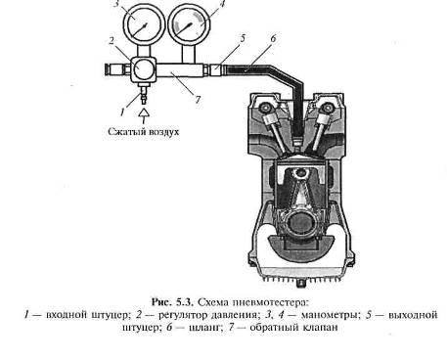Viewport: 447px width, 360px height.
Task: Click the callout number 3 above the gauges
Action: (x=116, y=4)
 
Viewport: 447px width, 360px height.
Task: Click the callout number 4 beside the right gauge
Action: (x=223, y=4)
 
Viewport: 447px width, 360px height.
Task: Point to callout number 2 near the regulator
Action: (x=112, y=41)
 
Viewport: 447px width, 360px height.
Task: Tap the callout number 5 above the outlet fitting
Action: (x=243, y=38)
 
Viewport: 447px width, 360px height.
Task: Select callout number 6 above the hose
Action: (x=273, y=38)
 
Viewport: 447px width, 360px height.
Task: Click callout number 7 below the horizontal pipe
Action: (x=198, y=99)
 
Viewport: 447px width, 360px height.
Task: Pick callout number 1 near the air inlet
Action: (x=122, y=112)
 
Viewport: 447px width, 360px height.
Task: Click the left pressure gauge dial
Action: (x=142, y=25)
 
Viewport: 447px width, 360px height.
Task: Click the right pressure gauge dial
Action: (x=189, y=25)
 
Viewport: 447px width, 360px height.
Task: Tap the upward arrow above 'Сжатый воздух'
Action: (x=144, y=115)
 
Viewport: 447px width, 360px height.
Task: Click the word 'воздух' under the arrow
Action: (x=164, y=132)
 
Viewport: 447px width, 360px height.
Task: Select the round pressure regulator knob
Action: (x=143, y=69)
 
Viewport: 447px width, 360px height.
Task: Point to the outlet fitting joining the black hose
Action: (x=215, y=70)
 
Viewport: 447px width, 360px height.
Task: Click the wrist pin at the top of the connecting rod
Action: (x=300, y=173)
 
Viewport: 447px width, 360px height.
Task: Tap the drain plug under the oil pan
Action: (x=301, y=284)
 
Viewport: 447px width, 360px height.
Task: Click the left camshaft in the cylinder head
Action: (x=264, y=108)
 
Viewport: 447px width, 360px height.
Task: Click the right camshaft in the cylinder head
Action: (x=326, y=108)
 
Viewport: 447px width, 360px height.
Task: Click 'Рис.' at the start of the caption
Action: (x=161, y=302)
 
